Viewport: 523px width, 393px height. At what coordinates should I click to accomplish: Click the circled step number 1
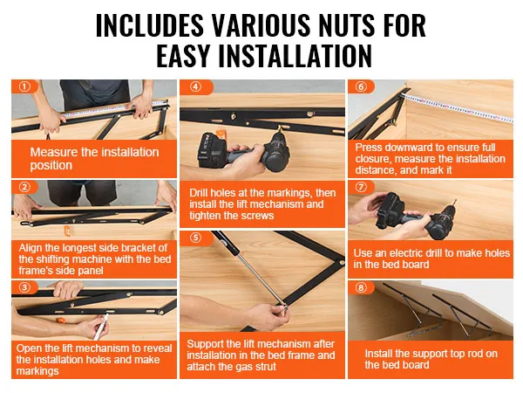point(24,86)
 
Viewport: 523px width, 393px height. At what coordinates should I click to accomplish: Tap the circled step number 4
point(196,86)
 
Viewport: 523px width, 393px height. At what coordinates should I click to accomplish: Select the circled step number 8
point(361,287)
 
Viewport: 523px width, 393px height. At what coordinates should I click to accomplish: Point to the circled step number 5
point(196,238)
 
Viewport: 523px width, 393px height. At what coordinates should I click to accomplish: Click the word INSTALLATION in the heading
point(295,56)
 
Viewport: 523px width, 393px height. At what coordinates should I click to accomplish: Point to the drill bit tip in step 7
point(455,201)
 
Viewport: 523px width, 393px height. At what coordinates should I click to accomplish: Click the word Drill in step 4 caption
point(199,193)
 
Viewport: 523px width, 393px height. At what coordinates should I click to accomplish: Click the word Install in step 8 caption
point(378,354)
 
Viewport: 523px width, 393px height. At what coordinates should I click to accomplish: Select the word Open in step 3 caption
point(28,348)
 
